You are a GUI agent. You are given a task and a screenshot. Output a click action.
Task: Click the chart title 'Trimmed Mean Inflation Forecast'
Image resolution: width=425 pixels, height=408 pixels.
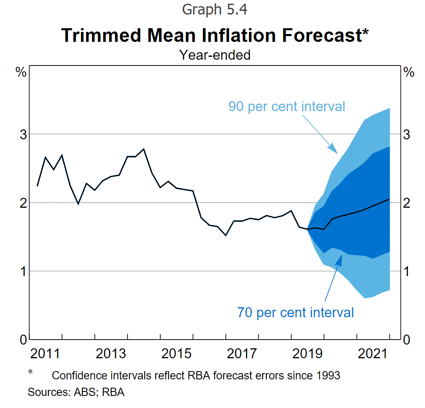(x=212, y=35)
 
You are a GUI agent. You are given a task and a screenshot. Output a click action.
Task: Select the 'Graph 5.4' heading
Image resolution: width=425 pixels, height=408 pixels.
(x=215, y=10)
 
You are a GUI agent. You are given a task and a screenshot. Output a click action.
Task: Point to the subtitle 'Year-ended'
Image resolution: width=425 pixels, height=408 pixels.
(x=215, y=55)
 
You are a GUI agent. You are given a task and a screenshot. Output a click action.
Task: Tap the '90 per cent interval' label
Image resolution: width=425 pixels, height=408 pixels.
(x=287, y=106)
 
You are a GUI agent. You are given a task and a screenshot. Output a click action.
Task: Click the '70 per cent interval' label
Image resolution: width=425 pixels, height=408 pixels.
(x=295, y=312)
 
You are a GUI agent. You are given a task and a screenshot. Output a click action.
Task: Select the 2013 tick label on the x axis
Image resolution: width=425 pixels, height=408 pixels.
(x=111, y=353)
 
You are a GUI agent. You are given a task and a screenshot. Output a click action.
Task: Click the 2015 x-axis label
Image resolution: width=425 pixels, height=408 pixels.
(x=176, y=353)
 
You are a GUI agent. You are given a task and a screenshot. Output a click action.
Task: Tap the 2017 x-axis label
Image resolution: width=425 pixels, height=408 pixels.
(x=242, y=353)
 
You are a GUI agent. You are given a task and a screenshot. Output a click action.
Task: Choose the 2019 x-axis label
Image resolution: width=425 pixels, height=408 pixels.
(x=307, y=353)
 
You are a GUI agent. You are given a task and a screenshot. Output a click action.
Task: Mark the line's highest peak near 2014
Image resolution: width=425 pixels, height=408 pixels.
(x=144, y=148)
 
